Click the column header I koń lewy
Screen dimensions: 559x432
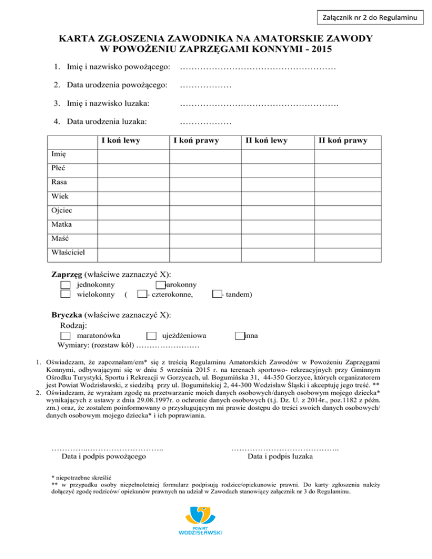point(120,141)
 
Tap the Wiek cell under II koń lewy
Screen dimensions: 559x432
point(277,196)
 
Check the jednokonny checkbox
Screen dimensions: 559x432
point(65,285)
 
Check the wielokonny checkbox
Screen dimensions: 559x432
point(65,294)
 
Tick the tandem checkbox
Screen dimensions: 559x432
point(217,294)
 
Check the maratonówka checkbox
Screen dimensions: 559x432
point(65,336)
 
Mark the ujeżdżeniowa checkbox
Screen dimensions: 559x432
point(151,336)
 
